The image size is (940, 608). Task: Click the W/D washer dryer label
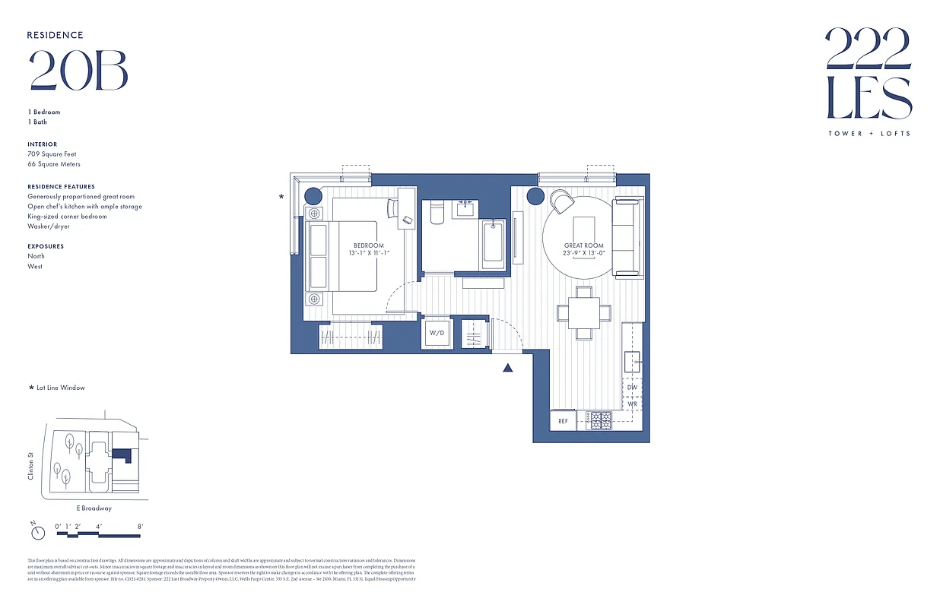coord(437,333)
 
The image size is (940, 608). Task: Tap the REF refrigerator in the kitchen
coord(563,420)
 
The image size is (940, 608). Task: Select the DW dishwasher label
coord(632,388)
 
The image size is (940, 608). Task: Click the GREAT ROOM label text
coord(583,245)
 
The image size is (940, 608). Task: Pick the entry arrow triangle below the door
coord(508,369)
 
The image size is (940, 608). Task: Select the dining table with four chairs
coord(583,312)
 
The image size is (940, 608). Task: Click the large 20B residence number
coord(78,71)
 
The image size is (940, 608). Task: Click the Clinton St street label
coord(31,466)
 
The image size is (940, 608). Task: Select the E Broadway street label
coord(94,508)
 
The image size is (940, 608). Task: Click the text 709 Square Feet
coord(53,154)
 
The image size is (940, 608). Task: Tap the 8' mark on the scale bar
coord(140,526)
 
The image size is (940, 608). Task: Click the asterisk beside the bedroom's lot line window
coord(282,197)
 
